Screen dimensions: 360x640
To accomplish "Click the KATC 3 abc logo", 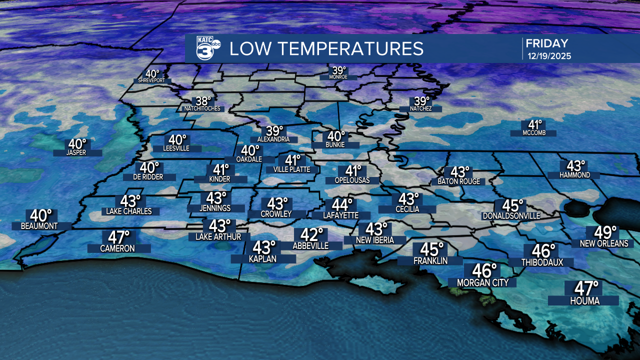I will click(205, 49).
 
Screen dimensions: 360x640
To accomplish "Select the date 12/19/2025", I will click(549, 56).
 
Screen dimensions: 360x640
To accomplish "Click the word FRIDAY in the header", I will click(546, 43).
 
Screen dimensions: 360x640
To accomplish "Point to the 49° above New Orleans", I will click(605, 233).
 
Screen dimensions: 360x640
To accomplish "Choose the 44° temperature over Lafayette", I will click(342, 204).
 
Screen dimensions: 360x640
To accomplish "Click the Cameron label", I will click(118, 248).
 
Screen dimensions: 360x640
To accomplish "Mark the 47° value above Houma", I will click(586, 288).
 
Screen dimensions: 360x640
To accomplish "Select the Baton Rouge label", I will click(458, 181).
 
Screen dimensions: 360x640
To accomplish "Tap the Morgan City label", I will click(483, 282).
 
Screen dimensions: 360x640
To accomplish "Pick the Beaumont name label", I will click(39, 226).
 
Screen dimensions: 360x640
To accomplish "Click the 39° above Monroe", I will click(339, 70).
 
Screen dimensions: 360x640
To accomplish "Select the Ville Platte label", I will click(292, 169).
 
